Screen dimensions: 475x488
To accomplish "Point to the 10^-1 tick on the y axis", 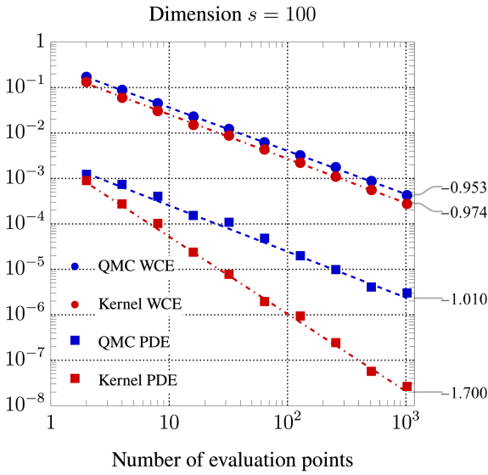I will click(x=27, y=87).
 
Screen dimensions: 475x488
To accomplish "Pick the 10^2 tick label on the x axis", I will click(x=287, y=421).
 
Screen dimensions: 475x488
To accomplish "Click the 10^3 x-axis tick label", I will click(x=404, y=421).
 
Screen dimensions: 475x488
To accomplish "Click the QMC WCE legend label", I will click(x=137, y=266).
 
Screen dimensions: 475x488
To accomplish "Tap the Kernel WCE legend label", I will click(x=140, y=304).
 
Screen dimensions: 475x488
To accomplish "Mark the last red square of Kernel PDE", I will click(x=407, y=388).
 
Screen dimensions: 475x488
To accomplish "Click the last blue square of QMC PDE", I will click(x=407, y=294).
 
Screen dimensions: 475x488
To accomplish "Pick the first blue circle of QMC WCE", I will click(x=86, y=76).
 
